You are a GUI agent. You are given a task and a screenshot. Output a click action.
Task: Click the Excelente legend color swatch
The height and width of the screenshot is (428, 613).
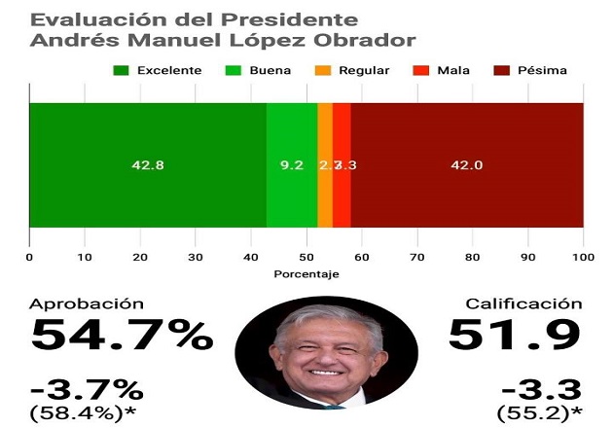click(122, 70)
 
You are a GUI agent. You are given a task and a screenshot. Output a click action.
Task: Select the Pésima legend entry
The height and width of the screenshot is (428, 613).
click(530, 70)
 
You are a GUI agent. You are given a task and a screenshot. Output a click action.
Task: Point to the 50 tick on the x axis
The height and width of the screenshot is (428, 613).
click(306, 258)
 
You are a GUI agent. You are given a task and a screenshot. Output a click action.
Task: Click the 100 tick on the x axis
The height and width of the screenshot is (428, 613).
click(583, 258)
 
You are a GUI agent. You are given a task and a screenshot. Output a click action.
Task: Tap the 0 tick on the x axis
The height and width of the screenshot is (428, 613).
click(29, 258)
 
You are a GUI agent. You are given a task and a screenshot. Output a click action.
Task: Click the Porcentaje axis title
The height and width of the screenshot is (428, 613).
click(306, 276)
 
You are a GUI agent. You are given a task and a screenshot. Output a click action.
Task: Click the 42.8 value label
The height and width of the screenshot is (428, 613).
click(148, 165)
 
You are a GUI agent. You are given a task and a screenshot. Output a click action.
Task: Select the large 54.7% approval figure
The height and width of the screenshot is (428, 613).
click(123, 336)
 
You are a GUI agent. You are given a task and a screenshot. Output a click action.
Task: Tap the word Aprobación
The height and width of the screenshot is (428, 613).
click(88, 303)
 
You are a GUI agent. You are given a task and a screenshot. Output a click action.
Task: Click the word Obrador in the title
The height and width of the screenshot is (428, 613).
click(362, 41)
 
